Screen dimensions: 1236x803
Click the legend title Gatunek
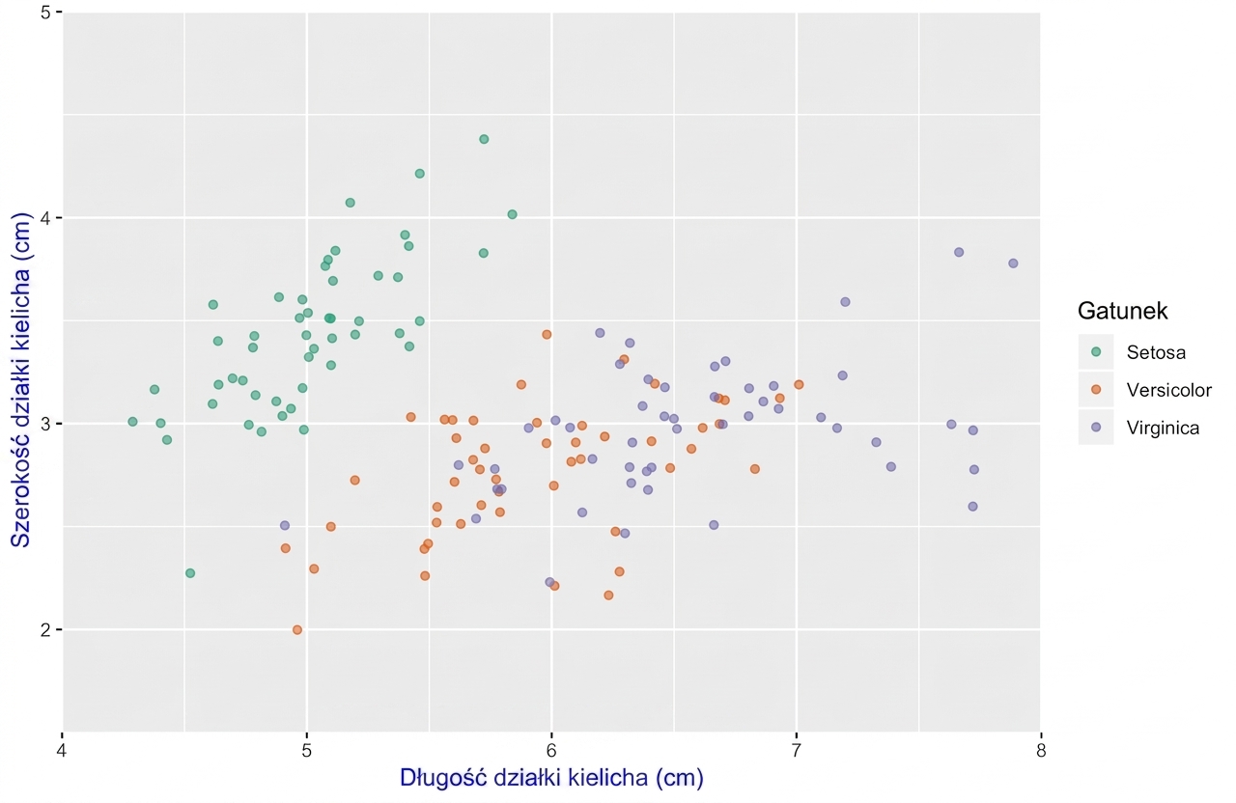1122,311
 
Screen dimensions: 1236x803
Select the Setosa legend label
1156,352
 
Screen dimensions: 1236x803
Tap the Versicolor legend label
1168,390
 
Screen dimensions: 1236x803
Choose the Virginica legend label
1163,428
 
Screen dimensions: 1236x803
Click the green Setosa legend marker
1096,352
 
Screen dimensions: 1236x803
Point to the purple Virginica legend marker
1096,428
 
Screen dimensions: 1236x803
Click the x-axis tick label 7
797,752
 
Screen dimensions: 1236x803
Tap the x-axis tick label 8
1041,752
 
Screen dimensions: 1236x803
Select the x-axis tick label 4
63,752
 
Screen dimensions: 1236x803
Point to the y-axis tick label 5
45,13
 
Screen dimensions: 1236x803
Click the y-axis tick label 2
45,629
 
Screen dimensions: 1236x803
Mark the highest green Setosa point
484,139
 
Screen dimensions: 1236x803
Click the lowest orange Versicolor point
297,630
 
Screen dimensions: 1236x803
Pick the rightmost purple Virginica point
1013,263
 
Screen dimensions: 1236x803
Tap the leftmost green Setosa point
132,422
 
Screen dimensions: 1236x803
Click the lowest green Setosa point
190,573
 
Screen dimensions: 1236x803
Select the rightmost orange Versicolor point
799,385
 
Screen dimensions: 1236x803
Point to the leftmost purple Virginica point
285,526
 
